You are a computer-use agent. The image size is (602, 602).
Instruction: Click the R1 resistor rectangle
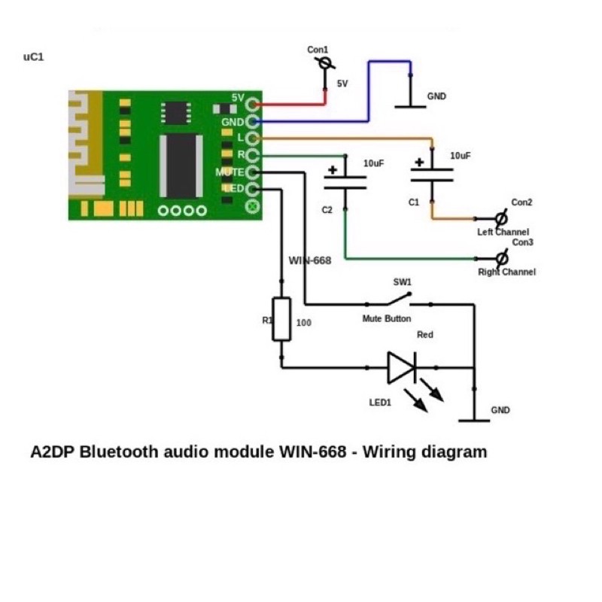[x=281, y=319]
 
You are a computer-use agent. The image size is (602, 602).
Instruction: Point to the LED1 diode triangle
[x=402, y=368]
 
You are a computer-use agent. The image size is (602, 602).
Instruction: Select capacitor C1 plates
[x=432, y=175]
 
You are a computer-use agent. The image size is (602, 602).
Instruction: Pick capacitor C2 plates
[x=345, y=181]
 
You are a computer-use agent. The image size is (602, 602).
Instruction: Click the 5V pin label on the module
[x=238, y=98]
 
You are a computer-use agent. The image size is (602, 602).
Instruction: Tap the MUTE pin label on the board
[x=230, y=172]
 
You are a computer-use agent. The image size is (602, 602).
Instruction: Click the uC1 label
[x=35, y=56]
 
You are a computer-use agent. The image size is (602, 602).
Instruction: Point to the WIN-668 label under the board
[x=310, y=260]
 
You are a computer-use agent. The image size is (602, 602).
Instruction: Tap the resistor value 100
[x=304, y=323]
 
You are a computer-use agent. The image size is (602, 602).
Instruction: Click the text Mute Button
[x=387, y=319]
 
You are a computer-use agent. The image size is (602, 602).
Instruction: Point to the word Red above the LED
[x=425, y=335]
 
